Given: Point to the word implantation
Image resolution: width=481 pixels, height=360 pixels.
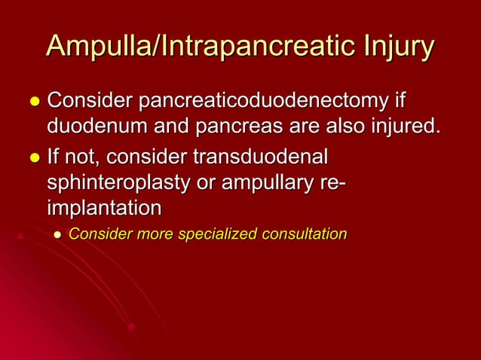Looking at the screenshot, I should click(104, 207).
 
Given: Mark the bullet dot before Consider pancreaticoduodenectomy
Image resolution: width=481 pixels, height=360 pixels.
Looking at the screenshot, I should click(32, 102).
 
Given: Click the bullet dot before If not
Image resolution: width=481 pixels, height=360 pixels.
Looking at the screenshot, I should click(32, 160).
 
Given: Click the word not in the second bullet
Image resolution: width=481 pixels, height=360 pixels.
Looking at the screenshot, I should click(81, 160).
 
